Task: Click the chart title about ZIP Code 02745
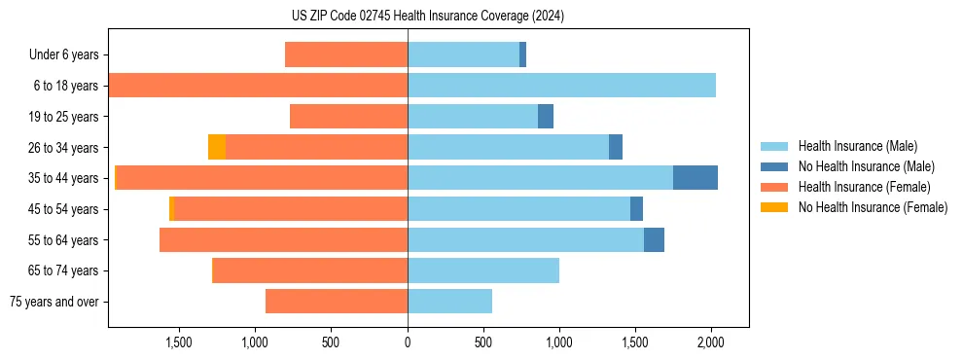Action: (x=428, y=17)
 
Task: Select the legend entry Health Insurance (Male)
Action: (x=857, y=146)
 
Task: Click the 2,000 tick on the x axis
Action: (x=711, y=342)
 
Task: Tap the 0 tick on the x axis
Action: (x=408, y=342)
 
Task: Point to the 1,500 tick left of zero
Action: (x=179, y=342)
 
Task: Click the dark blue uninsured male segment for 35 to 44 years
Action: (x=695, y=178)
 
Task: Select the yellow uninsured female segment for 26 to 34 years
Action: (x=217, y=147)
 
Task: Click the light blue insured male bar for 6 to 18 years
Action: (x=561, y=86)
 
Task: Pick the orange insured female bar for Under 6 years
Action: (x=346, y=55)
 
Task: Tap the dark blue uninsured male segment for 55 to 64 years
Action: (x=654, y=239)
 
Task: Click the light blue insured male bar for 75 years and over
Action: (x=449, y=302)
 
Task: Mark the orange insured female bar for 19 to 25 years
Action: (x=348, y=117)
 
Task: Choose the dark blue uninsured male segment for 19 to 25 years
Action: (x=546, y=117)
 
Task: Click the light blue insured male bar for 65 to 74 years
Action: (x=483, y=270)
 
